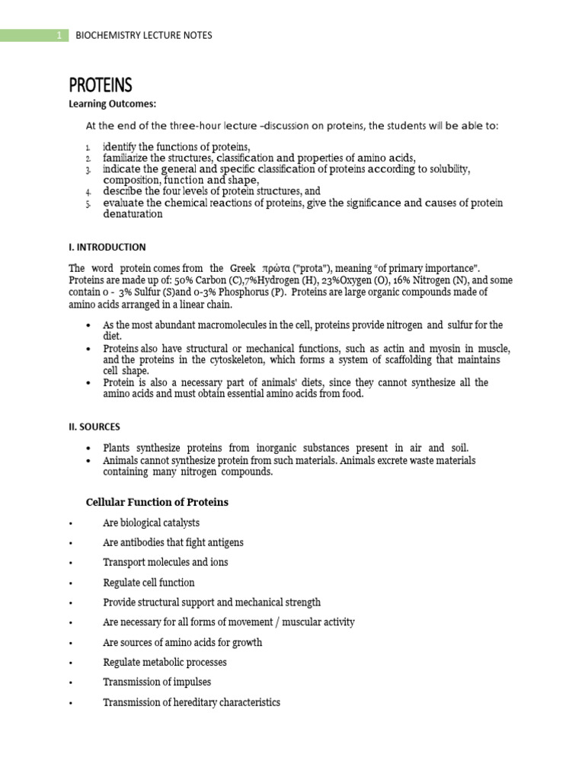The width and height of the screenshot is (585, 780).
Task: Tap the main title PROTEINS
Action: (x=101, y=84)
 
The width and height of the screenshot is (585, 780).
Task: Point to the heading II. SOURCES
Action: (x=94, y=427)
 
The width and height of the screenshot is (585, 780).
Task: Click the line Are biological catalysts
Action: (x=151, y=523)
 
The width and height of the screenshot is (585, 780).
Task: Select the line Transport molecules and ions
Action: (x=165, y=562)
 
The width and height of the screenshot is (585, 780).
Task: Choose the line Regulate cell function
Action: (x=149, y=583)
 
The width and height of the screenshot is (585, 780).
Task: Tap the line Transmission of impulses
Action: (x=157, y=682)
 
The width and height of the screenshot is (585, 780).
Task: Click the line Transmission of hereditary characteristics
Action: (x=191, y=702)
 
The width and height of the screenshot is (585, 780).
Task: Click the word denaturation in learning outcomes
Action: (x=133, y=214)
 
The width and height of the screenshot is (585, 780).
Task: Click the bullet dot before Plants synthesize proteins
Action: (x=90, y=449)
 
